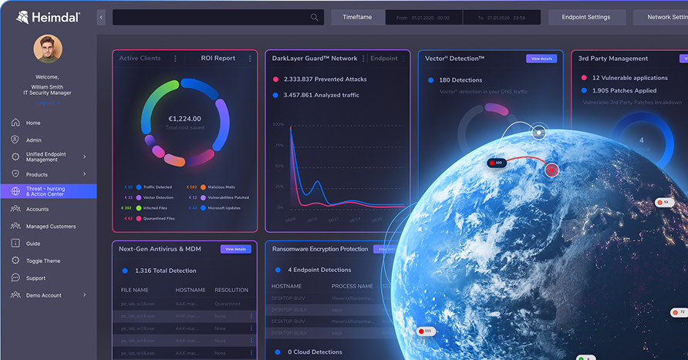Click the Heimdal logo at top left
(48, 17)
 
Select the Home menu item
(33, 123)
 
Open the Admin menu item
(34, 140)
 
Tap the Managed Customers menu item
(51, 227)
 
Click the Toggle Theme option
(43, 261)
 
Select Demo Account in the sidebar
(43, 295)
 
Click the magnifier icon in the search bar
(315, 17)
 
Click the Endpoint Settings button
(586, 17)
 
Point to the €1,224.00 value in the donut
(184, 119)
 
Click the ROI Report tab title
(218, 59)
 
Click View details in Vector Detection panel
(541, 59)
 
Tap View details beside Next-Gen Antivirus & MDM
(236, 249)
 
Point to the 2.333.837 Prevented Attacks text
(315, 79)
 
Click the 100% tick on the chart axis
(278, 124)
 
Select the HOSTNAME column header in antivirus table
(191, 290)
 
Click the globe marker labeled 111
(427, 331)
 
